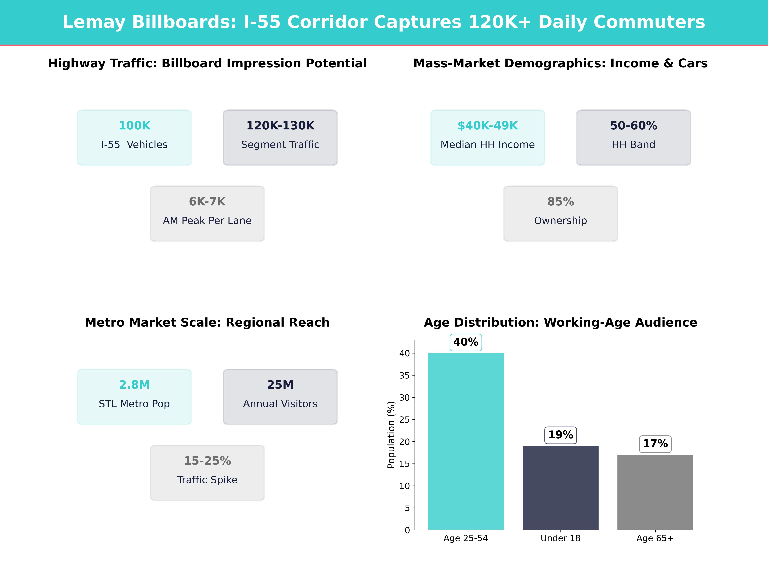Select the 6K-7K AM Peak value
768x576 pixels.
point(207,202)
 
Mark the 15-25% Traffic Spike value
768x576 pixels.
point(207,461)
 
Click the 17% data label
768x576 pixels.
point(655,444)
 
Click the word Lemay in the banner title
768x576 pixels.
point(94,22)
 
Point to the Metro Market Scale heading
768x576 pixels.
point(207,323)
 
